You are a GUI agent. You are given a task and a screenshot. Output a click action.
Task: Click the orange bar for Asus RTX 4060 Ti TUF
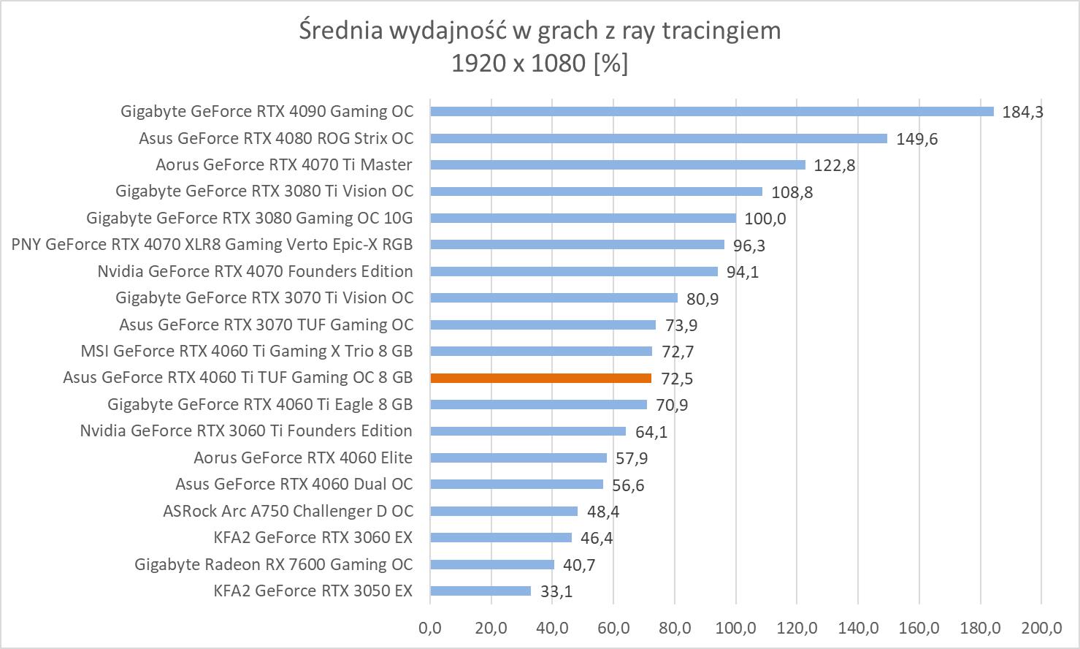click(x=540, y=378)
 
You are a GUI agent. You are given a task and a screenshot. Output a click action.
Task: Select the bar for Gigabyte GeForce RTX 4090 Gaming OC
click(x=712, y=112)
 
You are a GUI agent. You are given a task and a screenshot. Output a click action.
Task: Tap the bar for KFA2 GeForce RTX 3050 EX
click(x=480, y=591)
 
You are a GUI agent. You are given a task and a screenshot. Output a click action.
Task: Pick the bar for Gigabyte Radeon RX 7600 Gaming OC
click(x=492, y=564)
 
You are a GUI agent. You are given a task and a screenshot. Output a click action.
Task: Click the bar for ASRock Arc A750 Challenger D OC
click(x=504, y=511)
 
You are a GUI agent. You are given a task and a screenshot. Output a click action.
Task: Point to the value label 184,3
click(x=1022, y=112)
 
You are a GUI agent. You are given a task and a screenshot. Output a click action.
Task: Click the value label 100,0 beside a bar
click(x=765, y=219)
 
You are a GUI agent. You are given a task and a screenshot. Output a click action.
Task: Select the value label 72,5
click(x=677, y=379)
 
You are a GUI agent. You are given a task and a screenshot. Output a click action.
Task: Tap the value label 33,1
click(x=556, y=591)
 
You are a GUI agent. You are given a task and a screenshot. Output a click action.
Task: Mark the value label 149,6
click(x=916, y=139)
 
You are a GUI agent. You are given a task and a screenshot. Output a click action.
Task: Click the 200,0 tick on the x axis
click(x=1041, y=628)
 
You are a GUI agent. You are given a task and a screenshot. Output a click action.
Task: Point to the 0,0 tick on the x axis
click(x=430, y=628)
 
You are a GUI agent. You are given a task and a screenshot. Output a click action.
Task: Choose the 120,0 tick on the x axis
click(x=797, y=628)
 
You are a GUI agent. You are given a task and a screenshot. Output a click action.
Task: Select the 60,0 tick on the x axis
click(x=613, y=628)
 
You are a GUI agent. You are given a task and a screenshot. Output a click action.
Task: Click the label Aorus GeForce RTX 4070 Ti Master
click(x=283, y=165)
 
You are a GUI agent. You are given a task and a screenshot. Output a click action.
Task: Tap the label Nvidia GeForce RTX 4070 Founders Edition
click(x=255, y=271)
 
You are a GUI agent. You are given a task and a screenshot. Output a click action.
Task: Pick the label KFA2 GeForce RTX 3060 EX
click(x=313, y=538)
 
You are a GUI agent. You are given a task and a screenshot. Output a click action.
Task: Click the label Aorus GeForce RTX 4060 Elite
click(x=302, y=458)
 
